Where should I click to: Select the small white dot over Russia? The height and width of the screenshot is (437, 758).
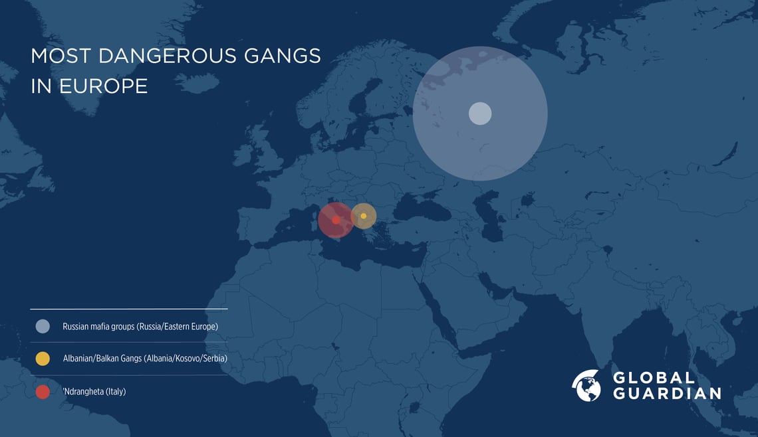pyautogui.click(x=480, y=114)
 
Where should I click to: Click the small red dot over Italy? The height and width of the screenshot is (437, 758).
pyautogui.click(x=336, y=220)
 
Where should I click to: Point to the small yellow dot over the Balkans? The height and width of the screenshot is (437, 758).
pyautogui.click(x=364, y=216)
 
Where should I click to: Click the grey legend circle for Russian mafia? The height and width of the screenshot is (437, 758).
pyautogui.click(x=43, y=326)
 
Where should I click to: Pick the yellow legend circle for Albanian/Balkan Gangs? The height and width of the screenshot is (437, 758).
pyautogui.click(x=43, y=359)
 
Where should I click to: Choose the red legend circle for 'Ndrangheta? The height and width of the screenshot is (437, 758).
pyautogui.click(x=43, y=392)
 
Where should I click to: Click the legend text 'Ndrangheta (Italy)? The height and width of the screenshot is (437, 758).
pyautogui.click(x=94, y=392)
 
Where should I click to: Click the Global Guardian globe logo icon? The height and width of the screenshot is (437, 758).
pyautogui.click(x=586, y=386)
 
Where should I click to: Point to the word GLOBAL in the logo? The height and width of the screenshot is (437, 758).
pyautogui.click(x=653, y=378)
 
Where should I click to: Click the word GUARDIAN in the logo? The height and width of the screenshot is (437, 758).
pyautogui.click(x=666, y=393)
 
